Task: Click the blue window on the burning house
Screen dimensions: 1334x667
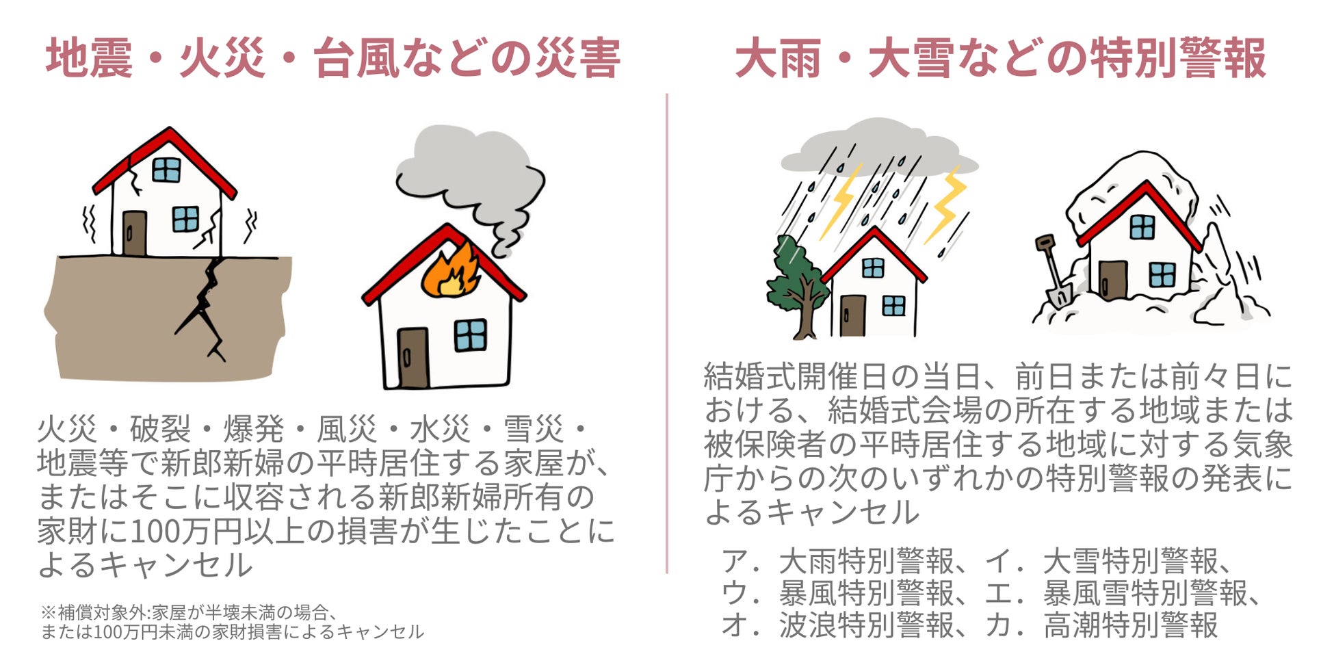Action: pyautogui.click(x=470, y=335)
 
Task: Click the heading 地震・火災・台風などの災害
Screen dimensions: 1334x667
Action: pyautogui.click(x=333, y=59)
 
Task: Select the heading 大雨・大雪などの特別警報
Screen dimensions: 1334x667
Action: pyautogui.click(x=1000, y=59)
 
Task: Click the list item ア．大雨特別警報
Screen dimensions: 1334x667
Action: pyautogui.click(x=838, y=562)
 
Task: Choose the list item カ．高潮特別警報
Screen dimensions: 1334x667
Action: pyautogui.click(x=1101, y=625)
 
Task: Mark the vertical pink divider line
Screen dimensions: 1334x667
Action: pyautogui.click(x=667, y=335)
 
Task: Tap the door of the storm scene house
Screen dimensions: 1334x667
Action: pyautogui.click(x=852, y=315)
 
